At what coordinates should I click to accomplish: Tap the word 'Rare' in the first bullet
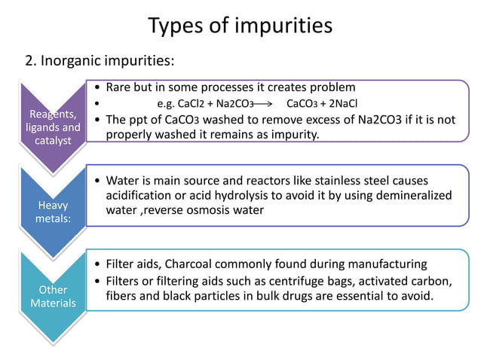point(120,87)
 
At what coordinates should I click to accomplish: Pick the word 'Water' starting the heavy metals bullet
point(123,181)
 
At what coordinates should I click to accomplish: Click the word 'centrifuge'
point(297,281)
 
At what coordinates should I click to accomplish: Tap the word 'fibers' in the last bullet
point(122,296)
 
